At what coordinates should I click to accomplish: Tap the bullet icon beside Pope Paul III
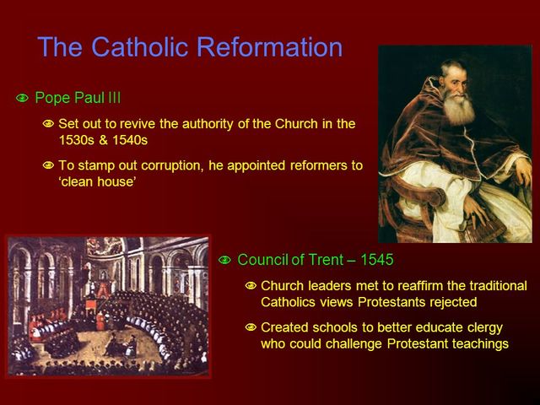coord(22,99)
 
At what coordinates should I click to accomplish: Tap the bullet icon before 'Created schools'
coord(250,327)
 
